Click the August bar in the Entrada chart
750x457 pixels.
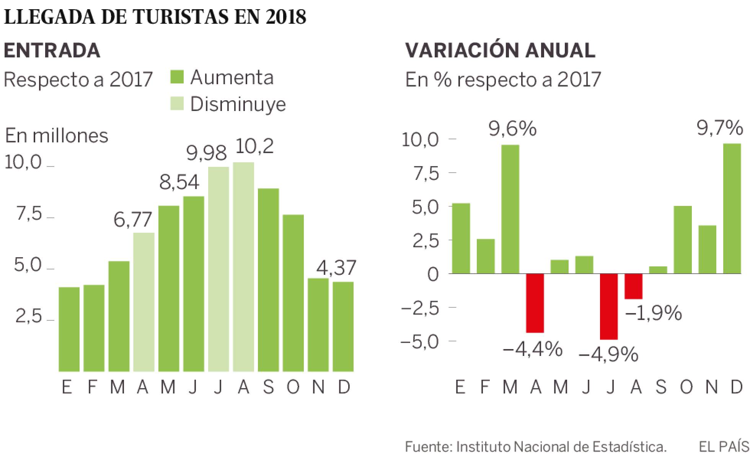243,267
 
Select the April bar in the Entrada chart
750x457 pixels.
144,302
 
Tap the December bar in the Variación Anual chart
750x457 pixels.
732,209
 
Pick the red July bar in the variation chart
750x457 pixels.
609,307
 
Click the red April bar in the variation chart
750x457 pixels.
535,303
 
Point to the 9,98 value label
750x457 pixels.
207,153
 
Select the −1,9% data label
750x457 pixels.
654,313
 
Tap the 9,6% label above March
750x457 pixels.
513,129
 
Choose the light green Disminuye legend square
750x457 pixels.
177,103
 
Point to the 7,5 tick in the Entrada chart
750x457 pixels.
28,215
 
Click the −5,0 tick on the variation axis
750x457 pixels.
419,341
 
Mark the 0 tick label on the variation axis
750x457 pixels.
433,274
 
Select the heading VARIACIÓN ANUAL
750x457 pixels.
500,50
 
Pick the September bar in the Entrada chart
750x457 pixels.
268,280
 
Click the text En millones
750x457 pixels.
56,135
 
